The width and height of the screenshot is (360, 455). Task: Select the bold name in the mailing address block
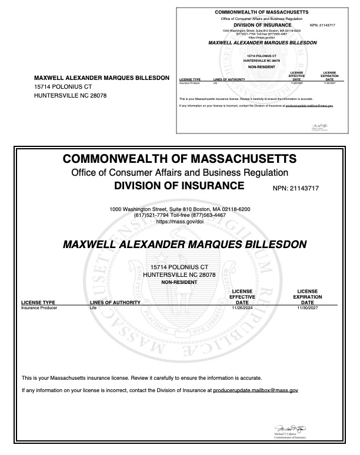102,78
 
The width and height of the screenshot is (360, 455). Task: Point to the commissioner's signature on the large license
288,429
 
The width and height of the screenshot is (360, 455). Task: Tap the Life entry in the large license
92,307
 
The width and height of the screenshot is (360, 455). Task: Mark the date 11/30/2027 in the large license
307,307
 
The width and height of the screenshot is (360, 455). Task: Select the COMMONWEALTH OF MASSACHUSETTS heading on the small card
262,12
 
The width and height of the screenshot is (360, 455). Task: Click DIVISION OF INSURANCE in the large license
178,186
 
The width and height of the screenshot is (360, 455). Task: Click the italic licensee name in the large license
179,243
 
